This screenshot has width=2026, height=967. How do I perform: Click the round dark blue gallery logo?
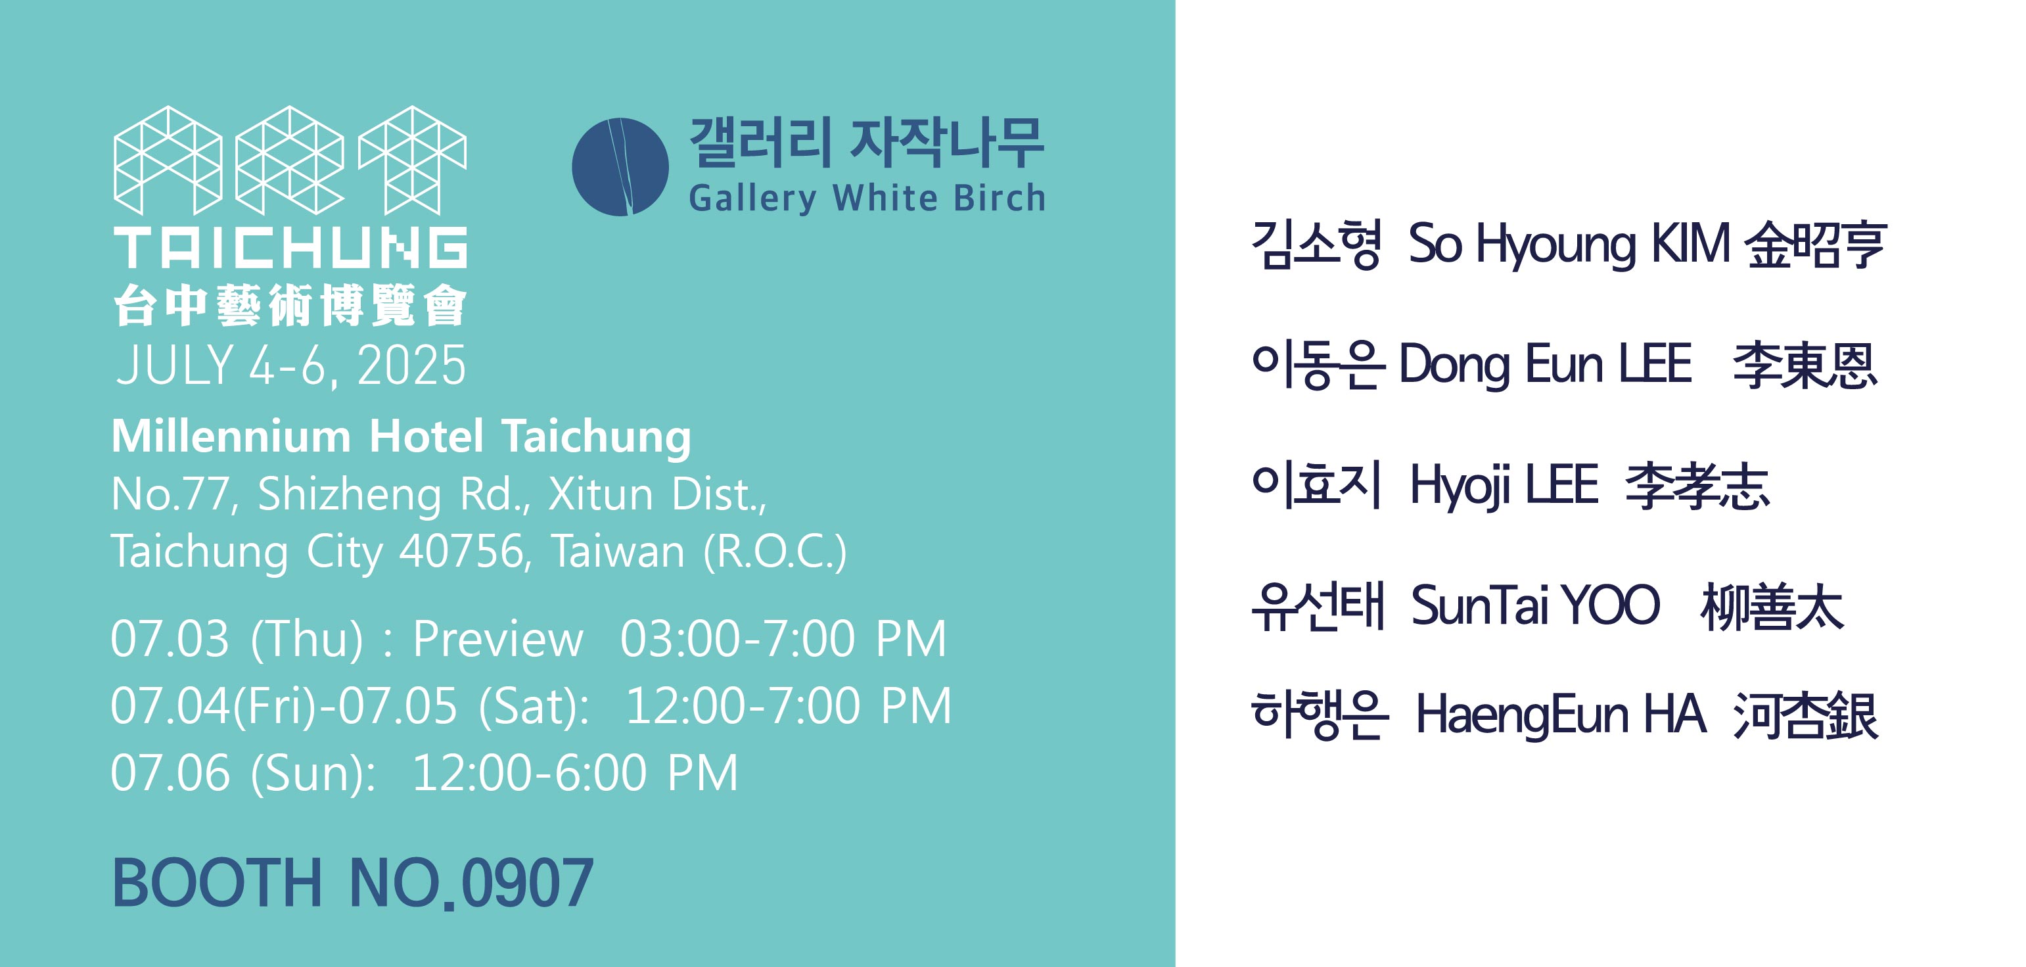620,167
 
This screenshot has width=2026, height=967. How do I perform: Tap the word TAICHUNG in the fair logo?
290,248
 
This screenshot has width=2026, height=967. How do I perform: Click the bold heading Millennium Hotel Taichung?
401,437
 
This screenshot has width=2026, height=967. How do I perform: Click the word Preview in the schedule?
498,638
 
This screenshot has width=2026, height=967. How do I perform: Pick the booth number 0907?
527,883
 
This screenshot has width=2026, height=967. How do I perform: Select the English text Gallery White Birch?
867,199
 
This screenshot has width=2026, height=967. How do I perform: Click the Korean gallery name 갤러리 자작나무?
867,143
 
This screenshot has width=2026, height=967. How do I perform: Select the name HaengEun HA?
1560,715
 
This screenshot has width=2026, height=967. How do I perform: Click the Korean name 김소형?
1316,245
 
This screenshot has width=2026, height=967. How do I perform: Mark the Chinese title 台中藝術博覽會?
290,305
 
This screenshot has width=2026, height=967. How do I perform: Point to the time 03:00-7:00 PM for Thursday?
783,638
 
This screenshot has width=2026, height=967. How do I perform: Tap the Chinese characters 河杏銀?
1805,716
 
